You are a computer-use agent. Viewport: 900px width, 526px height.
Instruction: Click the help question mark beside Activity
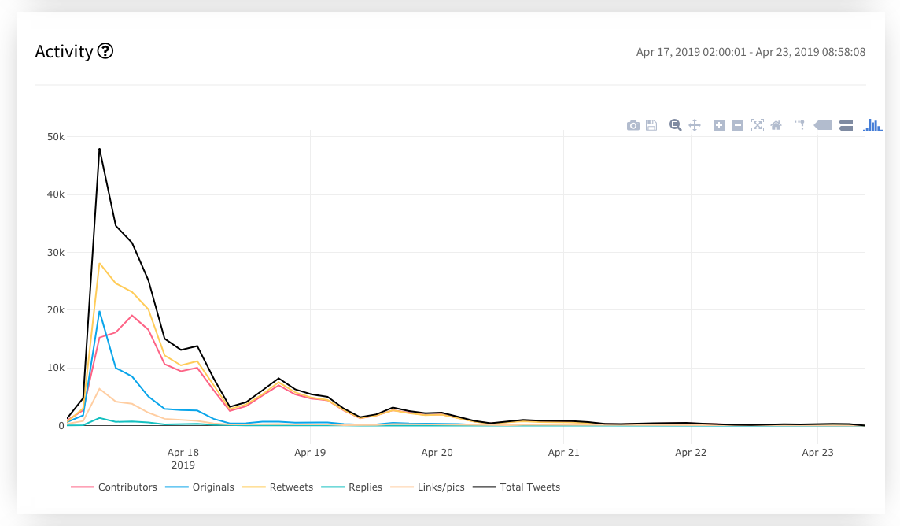(x=105, y=52)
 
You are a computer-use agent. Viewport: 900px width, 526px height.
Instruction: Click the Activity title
(x=64, y=52)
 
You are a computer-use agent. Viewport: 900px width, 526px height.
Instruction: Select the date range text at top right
(x=751, y=53)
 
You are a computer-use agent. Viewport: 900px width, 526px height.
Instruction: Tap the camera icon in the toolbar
(x=633, y=125)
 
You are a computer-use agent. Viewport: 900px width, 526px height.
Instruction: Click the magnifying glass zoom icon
(x=675, y=125)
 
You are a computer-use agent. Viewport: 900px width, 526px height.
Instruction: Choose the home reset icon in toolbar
(x=776, y=125)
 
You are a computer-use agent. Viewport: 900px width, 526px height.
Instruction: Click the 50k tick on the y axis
(x=55, y=137)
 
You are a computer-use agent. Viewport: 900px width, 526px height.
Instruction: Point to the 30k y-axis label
(x=55, y=253)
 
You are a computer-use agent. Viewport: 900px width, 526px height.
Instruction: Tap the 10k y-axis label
(x=55, y=368)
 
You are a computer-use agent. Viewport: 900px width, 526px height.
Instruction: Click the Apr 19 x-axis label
(x=310, y=453)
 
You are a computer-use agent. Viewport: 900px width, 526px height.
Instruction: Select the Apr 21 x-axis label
(x=563, y=453)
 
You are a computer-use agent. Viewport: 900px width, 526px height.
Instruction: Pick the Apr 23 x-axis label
(x=817, y=453)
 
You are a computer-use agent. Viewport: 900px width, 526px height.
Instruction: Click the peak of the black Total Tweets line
(x=99, y=149)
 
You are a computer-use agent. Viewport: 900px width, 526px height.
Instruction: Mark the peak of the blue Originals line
(x=99, y=311)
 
